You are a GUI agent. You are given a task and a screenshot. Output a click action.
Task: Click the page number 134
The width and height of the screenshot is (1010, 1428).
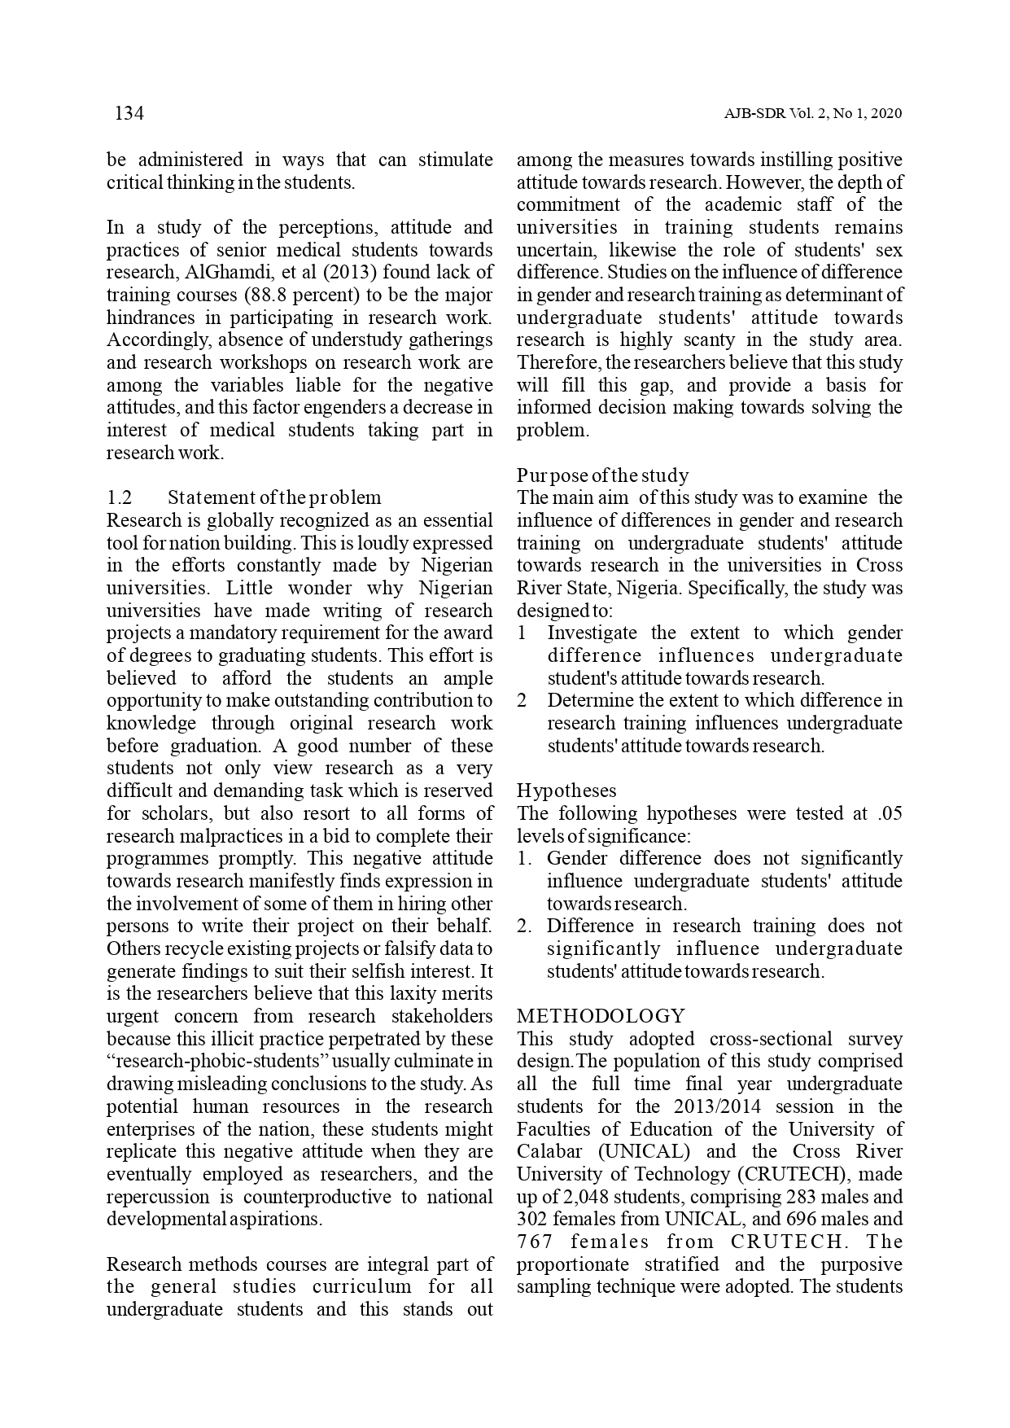[129, 114]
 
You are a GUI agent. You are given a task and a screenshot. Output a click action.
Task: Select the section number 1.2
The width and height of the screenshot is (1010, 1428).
[120, 497]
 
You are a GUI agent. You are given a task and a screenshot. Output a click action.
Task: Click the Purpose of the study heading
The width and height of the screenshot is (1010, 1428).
[602, 475]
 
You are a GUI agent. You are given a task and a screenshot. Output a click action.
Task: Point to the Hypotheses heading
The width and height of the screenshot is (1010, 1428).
[566, 791]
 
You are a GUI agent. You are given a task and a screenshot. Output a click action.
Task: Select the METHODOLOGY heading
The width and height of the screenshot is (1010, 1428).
[601, 1016]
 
